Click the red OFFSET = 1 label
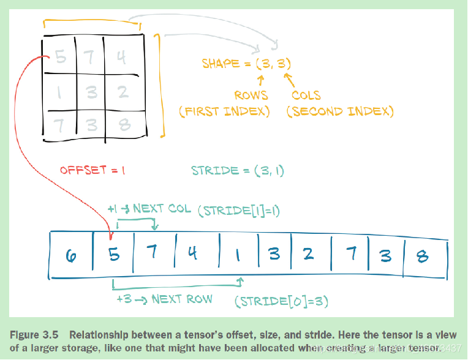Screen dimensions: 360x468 pyautogui.click(x=92, y=171)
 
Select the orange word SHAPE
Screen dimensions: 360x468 pyautogui.click(x=222, y=64)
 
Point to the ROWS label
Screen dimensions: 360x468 pyautogui.click(x=251, y=96)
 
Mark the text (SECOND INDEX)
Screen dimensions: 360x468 pyautogui.click(x=340, y=111)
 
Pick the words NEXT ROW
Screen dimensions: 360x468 pyautogui.click(x=182, y=299)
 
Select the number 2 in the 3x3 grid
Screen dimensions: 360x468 pyautogui.click(x=123, y=92)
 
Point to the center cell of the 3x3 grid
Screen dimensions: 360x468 pyautogui.click(x=91, y=92)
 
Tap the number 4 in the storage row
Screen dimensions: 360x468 pyautogui.click(x=193, y=253)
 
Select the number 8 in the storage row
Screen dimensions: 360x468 pyautogui.click(x=422, y=255)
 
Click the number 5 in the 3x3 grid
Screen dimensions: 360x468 pyautogui.click(x=60, y=58)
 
